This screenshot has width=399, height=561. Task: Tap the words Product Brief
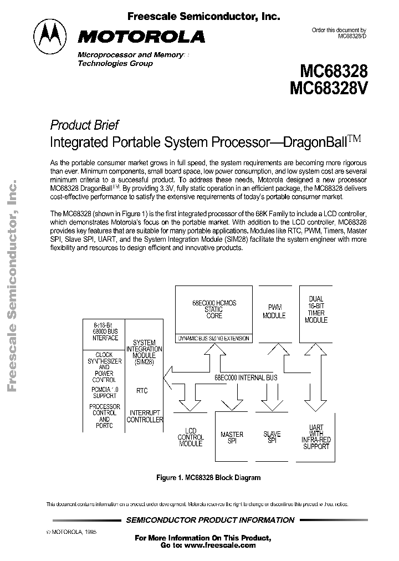click(x=84, y=125)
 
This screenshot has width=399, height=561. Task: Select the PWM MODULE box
click(x=274, y=312)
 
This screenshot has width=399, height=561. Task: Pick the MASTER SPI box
click(x=232, y=438)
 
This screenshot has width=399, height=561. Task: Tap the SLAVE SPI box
click(x=272, y=437)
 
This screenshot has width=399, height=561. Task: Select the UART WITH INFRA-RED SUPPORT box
click(x=316, y=437)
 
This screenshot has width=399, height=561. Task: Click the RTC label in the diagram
click(x=142, y=391)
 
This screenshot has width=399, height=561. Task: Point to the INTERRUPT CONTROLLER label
click(x=145, y=416)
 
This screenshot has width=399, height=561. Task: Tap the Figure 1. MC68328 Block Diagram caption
click(x=208, y=477)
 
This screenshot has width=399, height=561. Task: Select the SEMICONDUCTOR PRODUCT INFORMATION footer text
click(x=211, y=520)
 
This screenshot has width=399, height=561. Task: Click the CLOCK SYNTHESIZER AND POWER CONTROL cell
click(x=104, y=368)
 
